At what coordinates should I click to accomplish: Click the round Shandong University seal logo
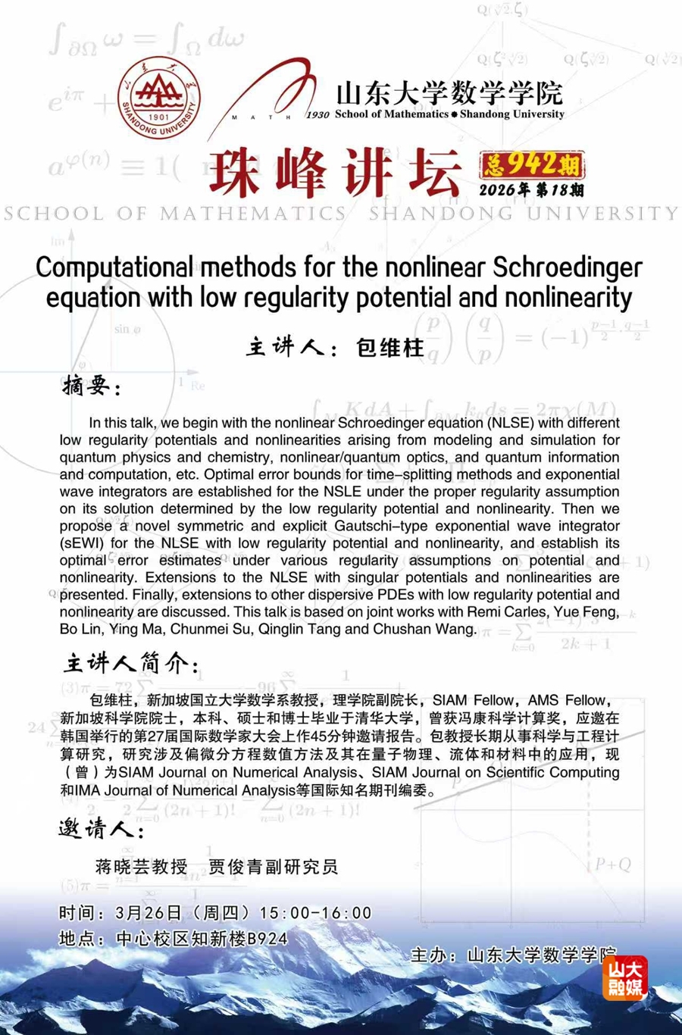point(159,98)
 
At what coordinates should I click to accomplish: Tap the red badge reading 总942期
point(531,164)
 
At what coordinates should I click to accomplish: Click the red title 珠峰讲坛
point(334,173)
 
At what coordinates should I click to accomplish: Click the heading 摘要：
point(92,386)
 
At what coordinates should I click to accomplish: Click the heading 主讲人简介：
point(130,664)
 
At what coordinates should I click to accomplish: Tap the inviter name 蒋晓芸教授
point(142,867)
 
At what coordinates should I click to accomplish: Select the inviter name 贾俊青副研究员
point(273,867)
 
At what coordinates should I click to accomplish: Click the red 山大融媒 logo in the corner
point(624,977)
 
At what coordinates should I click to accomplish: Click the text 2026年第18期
point(531,189)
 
